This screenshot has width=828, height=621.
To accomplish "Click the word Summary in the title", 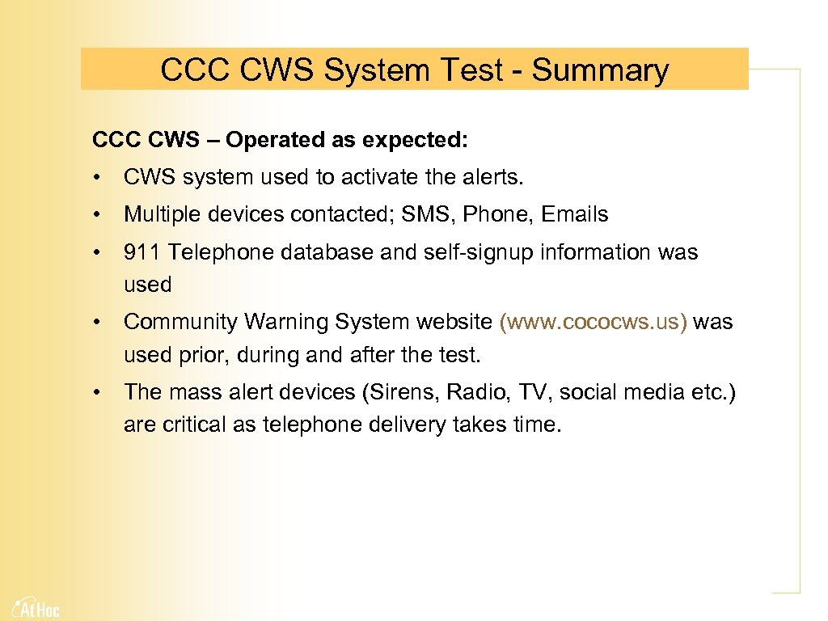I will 600,70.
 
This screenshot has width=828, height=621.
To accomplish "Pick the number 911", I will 142,252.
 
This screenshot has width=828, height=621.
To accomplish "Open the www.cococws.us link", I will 594,322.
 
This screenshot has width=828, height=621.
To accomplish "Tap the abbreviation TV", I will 530,392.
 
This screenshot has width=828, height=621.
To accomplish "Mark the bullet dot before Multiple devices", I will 96,215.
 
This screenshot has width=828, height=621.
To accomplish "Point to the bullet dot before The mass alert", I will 96,393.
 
